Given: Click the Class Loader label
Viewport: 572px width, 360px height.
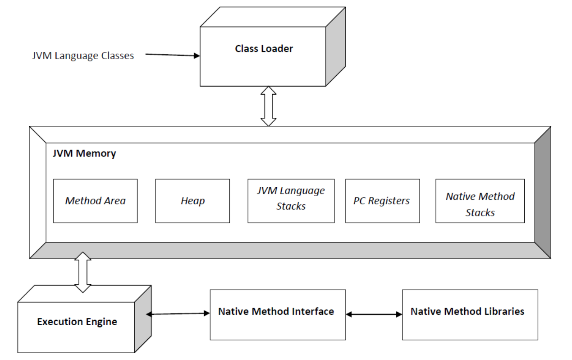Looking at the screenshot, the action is (x=264, y=49).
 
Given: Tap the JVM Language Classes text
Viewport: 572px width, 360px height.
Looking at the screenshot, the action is (x=83, y=55).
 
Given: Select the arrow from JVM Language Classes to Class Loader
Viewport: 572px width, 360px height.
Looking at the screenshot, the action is (x=173, y=55).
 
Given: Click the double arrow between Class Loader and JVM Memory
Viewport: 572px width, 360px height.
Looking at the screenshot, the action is (x=268, y=106).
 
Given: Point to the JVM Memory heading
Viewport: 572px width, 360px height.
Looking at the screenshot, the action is (x=84, y=153).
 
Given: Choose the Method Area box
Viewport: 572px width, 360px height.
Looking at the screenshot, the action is (x=95, y=201).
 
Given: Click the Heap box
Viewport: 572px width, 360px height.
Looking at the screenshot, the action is (x=192, y=201).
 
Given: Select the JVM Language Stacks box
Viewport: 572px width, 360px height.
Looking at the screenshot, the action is (x=291, y=201).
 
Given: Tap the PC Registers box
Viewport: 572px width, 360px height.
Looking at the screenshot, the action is (x=383, y=201).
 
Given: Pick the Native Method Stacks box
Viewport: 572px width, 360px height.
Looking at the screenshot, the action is (x=480, y=201).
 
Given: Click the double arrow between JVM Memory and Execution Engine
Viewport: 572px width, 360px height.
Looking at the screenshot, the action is (x=83, y=272).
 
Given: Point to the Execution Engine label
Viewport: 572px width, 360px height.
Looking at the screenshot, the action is (x=77, y=322).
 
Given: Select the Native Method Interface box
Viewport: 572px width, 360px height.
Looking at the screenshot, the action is (x=278, y=315).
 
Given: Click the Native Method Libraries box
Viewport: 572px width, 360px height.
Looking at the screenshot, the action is (x=470, y=315).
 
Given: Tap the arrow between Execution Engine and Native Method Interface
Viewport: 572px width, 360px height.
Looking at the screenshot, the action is (x=178, y=314).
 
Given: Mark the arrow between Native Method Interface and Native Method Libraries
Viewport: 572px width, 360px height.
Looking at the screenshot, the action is (x=374, y=314).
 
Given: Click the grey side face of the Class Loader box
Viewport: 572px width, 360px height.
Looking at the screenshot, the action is (x=336, y=46).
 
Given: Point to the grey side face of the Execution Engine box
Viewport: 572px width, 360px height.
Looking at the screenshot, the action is (x=143, y=319).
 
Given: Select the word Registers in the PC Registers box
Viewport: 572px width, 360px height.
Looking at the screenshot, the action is (x=389, y=201).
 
